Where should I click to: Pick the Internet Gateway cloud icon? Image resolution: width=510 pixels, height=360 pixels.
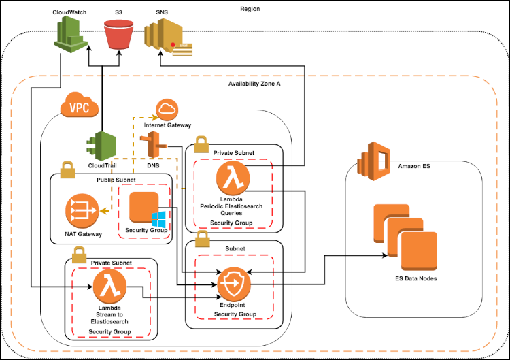click(x=167, y=108)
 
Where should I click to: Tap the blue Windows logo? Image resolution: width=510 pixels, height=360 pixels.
click(x=159, y=220)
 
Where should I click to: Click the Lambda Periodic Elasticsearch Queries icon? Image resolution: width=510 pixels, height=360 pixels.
click(x=231, y=179)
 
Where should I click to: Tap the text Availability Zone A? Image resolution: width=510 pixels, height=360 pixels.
click(x=254, y=83)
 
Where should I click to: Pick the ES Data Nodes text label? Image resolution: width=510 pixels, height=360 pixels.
click(x=415, y=278)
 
